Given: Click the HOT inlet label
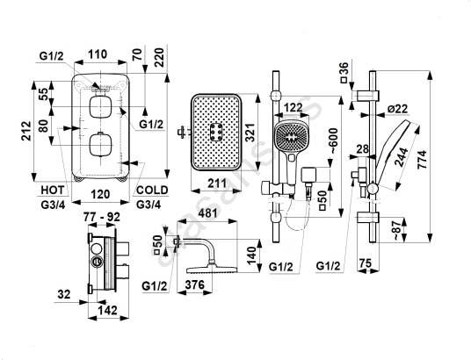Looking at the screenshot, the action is [x=53, y=190].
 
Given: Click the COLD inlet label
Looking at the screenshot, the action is [x=152, y=190].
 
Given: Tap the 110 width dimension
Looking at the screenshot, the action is [x=98, y=54].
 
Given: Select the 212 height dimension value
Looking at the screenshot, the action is [x=27, y=131].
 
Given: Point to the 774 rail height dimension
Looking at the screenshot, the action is [x=422, y=160].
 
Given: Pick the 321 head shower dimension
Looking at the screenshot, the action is [x=250, y=132].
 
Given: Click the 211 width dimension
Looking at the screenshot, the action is [x=217, y=183].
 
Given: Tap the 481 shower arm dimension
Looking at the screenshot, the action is [x=207, y=213].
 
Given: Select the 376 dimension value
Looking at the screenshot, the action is [x=195, y=284].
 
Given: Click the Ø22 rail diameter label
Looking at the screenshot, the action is [x=397, y=108].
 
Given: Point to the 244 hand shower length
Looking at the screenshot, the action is [x=402, y=157].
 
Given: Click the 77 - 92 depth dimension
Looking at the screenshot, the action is [x=102, y=217].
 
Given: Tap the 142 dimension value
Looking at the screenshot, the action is [x=108, y=310].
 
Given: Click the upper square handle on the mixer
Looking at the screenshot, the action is [x=100, y=107].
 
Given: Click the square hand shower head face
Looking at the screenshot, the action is [x=292, y=137].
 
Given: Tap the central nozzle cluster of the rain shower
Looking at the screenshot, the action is [x=216, y=132].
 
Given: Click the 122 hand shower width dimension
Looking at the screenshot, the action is [x=293, y=107].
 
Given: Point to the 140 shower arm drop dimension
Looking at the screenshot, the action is [x=251, y=256].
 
